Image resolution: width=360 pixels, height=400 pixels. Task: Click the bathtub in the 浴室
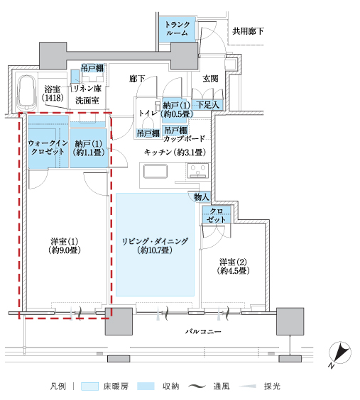[x=26, y=92]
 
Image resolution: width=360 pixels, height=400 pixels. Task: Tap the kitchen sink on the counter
[x=156, y=171]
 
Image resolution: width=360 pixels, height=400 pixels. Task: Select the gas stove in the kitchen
[x=198, y=170]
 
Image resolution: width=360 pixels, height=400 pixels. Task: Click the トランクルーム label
[x=178, y=28]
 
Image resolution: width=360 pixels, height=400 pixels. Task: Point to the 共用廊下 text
[x=248, y=31]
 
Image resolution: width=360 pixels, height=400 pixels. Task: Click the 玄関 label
[x=210, y=79]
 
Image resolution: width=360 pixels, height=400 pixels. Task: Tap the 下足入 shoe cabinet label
[x=208, y=105]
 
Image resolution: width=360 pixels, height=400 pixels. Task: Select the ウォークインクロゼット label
[x=48, y=147]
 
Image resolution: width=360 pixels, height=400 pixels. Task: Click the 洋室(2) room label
[x=233, y=266]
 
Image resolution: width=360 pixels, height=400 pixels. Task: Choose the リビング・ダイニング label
[x=155, y=245]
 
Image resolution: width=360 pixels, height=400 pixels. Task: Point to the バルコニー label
[x=203, y=331]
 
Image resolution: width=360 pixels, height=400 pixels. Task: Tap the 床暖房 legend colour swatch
[x=89, y=387]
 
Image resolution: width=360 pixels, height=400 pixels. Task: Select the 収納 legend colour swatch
[x=146, y=387]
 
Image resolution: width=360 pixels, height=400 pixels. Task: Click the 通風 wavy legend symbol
[x=197, y=387]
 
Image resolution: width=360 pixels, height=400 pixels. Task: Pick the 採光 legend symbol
[x=247, y=387]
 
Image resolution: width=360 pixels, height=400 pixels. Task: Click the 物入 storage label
[x=202, y=196]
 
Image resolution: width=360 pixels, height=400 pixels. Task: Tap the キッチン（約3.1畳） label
[x=175, y=152]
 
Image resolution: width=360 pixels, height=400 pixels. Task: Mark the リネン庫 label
[x=87, y=89]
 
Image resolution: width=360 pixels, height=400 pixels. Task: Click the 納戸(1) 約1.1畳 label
[x=89, y=148]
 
